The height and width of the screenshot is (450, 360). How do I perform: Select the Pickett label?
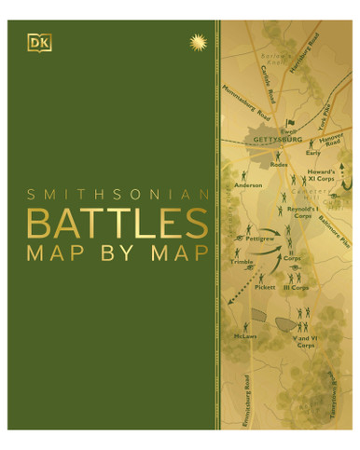265,288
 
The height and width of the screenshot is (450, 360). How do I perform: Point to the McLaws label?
245,337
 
